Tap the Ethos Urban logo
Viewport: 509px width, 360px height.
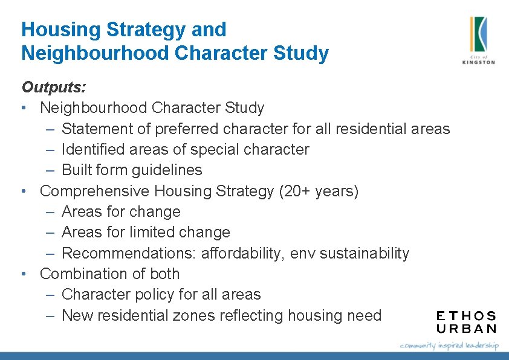[x=466, y=322]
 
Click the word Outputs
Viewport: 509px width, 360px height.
[x=53, y=87]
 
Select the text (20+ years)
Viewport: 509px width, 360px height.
[x=319, y=191]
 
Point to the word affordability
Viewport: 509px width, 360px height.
[x=239, y=253]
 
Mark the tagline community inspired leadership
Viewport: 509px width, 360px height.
[x=449, y=345]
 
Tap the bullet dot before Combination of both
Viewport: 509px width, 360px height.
[x=23, y=274]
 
